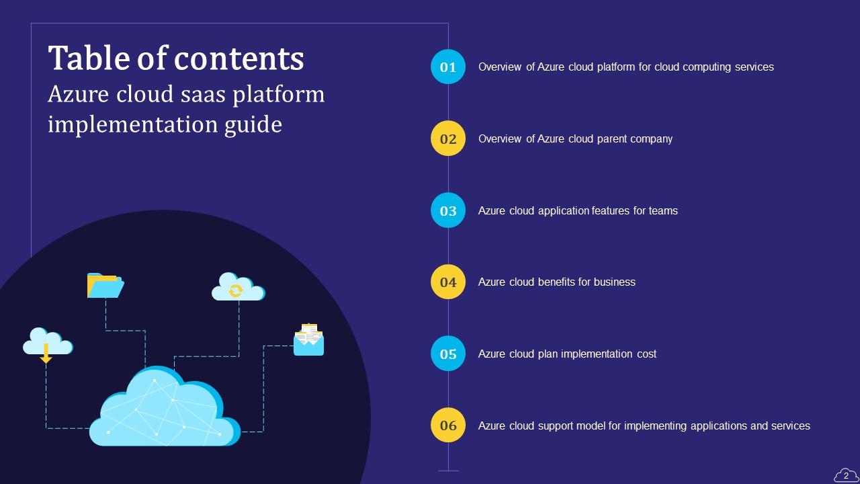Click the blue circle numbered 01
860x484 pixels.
point(447,67)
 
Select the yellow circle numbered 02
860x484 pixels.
point(447,138)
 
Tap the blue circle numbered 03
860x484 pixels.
point(447,210)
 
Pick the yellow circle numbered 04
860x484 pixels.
point(447,282)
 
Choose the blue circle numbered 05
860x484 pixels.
point(447,354)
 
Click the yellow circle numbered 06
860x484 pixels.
point(447,426)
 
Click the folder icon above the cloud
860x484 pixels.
point(105,286)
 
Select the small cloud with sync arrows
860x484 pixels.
point(237,288)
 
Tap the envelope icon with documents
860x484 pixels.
point(308,340)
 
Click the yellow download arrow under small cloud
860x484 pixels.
point(46,354)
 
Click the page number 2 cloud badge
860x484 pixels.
point(846,475)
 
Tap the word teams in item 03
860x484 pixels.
point(663,211)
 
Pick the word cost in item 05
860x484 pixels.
point(646,354)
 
